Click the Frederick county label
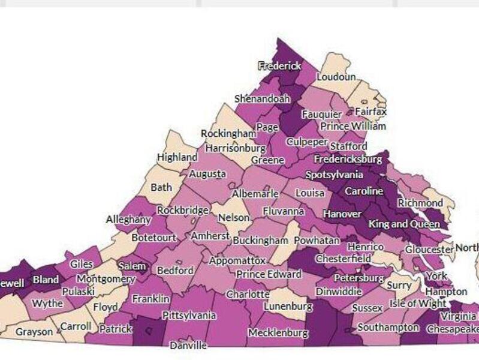click(x=279, y=66)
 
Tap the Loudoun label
click(x=336, y=77)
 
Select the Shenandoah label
click(x=262, y=98)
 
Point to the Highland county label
click(x=177, y=157)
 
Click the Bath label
click(x=161, y=187)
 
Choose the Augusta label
click(x=207, y=174)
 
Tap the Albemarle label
click(x=255, y=194)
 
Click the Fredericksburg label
click(x=348, y=160)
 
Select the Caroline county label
click(x=363, y=191)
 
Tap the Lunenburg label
click(x=288, y=307)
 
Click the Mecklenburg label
click(x=278, y=332)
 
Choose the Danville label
click(x=188, y=346)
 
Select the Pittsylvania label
click(x=189, y=315)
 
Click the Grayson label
click(x=34, y=331)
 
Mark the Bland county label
click(x=46, y=280)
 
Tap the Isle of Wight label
click(x=417, y=303)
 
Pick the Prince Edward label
click(x=269, y=274)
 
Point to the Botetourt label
click(x=154, y=238)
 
